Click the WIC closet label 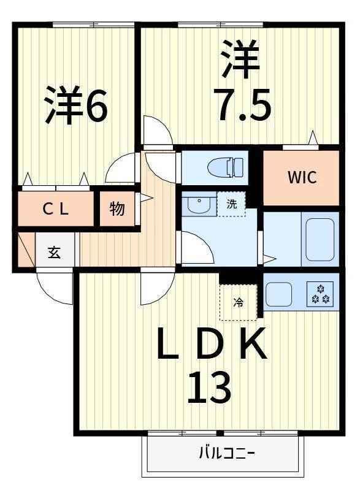301,178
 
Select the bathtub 320,239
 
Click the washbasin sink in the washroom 197,205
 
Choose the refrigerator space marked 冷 238,302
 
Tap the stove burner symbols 321,294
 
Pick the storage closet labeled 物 117,209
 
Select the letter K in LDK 251,345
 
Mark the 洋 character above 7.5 241,59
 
